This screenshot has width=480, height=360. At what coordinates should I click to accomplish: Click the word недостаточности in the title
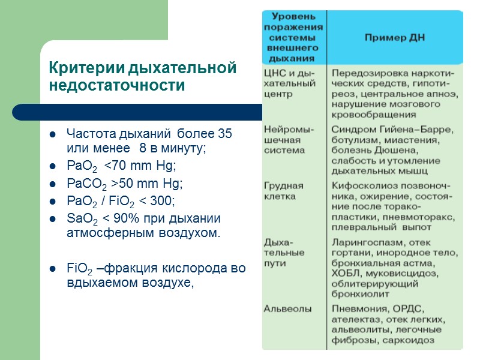(x=116, y=86)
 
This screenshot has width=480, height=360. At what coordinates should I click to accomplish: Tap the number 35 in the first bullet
(x=224, y=133)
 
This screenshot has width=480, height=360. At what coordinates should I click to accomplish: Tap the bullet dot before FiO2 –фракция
(x=53, y=269)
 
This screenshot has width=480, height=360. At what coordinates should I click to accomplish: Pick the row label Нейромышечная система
(x=289, y=140)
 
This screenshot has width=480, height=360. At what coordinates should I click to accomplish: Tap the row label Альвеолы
(x=287, y=308)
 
